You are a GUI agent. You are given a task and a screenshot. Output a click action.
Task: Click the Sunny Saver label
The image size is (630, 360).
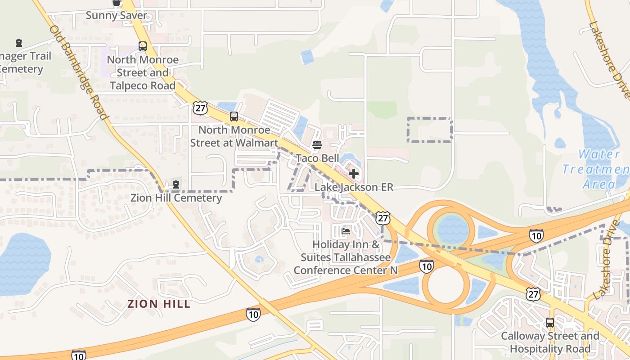tap(116, 15)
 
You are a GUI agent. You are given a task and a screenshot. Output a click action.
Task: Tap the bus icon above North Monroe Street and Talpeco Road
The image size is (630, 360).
tap(143, 46)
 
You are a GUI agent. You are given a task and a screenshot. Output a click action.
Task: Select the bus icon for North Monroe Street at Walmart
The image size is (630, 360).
tap(234, 117)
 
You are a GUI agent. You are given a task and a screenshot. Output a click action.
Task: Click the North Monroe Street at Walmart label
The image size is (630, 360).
tap(234, 136)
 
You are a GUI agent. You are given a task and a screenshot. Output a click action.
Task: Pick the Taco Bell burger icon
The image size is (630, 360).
tap(317, 145)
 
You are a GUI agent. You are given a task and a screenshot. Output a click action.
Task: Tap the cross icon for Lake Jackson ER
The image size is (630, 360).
tap(354, 174)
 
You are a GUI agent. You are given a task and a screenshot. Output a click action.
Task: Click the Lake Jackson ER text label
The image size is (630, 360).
tap(354, 187)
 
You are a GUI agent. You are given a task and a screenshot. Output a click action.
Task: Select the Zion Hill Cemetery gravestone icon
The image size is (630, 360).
tap(176, 185)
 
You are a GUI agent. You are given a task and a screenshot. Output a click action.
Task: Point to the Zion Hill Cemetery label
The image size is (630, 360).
tap(176, 198)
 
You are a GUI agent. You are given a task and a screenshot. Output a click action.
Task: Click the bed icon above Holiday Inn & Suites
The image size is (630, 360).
tap(346, 232)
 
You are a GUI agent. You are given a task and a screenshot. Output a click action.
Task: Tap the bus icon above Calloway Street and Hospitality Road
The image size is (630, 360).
tap(550, 323)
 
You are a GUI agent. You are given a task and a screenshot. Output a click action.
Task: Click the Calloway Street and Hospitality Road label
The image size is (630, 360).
tap(550, 342)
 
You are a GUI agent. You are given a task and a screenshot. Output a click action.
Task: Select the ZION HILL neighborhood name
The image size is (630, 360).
tap(159, 304)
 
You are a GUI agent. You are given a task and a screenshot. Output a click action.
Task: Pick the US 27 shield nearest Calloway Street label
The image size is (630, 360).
tap(533, 294)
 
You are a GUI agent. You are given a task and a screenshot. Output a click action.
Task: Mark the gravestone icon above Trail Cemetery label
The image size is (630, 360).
tap(19, 43)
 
